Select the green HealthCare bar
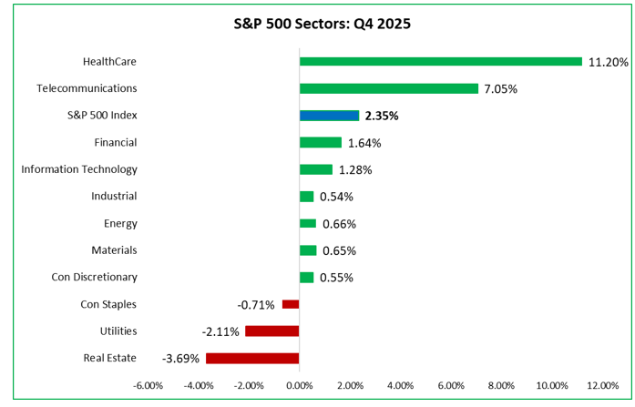coord(440,62)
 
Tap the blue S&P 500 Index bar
coord(329,116)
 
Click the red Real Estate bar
coord(252,358)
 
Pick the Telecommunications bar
coord(388,89)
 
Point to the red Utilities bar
coord(271,331)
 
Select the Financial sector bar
coord(320,143)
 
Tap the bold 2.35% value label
coord(382,116)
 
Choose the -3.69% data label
coord(181,358)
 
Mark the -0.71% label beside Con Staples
coord(257,304)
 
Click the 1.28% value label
coord(356,169)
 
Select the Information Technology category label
coord(79,169)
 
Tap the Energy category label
coord(120,224)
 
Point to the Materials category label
coord(114,250)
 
